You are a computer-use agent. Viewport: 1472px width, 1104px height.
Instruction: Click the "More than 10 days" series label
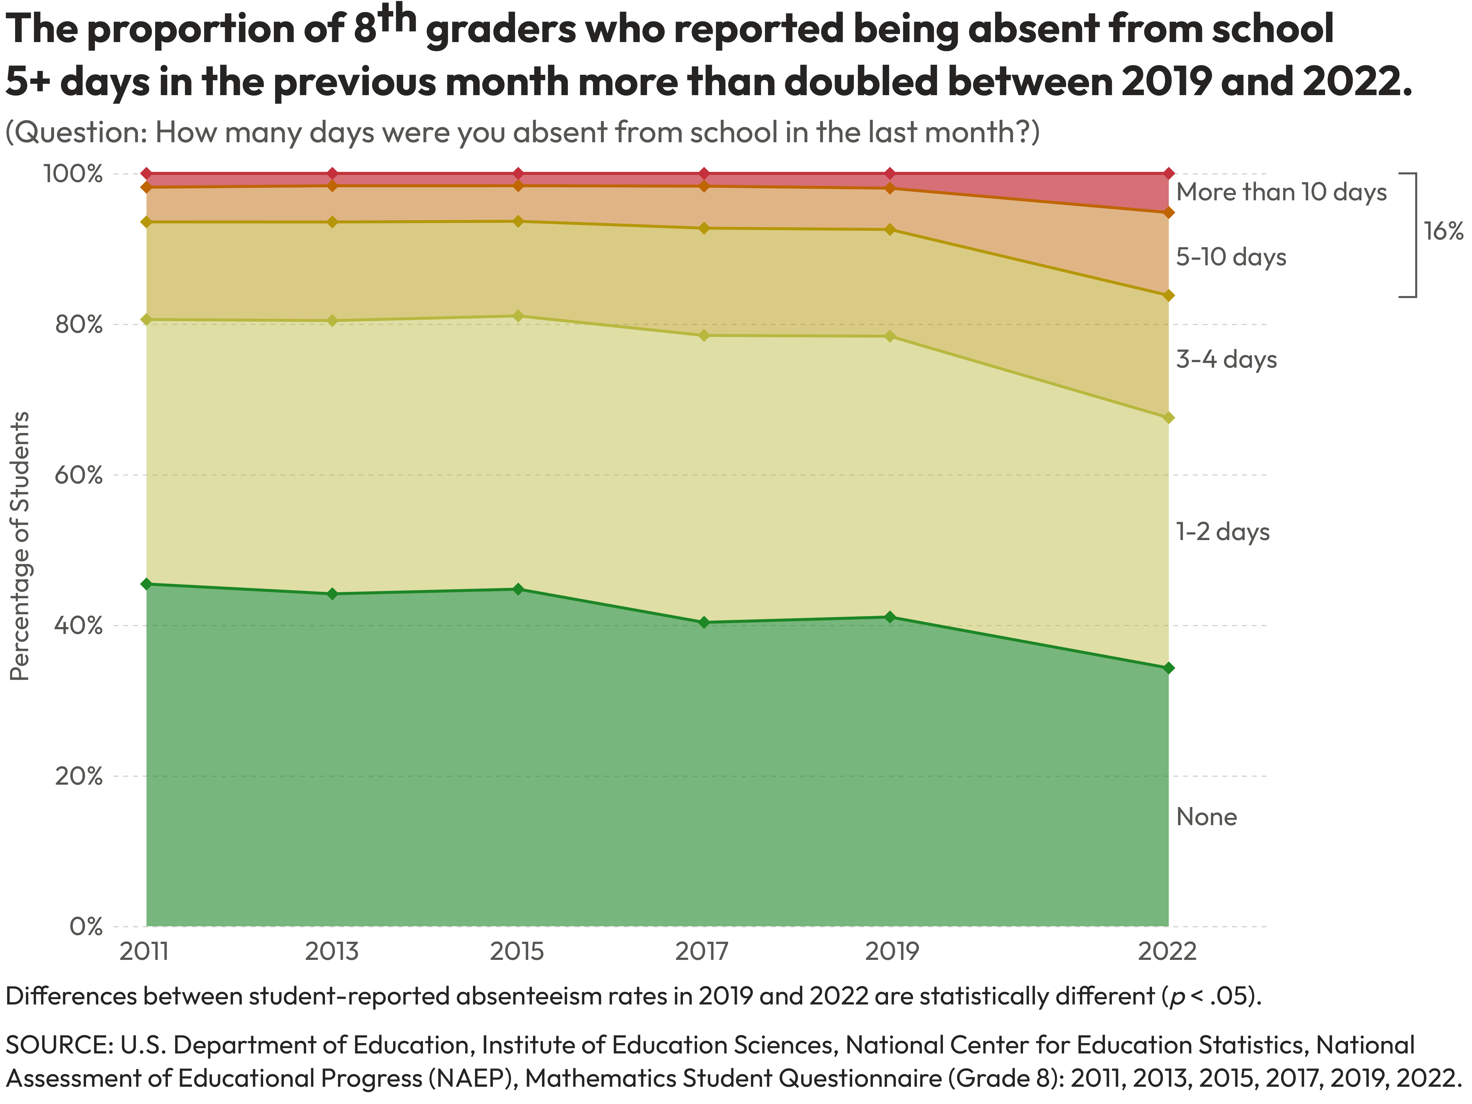1281,192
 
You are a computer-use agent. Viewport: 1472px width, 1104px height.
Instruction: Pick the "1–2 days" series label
1222,532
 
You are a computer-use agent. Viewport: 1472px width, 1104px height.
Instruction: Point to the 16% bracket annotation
1443,232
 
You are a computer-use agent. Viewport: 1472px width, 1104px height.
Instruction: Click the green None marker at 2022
1168,668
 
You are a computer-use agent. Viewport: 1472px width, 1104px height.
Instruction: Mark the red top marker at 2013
333,174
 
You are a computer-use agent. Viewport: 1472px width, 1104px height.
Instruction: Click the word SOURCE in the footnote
59,1045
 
